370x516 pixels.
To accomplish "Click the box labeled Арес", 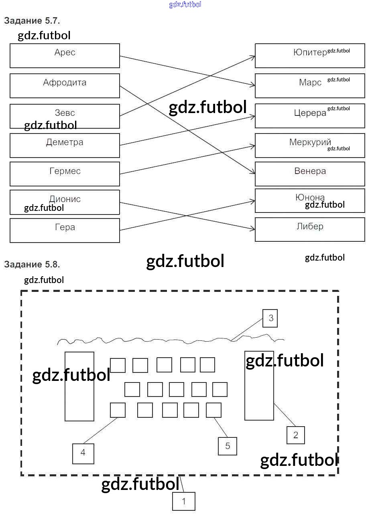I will click(65, 56).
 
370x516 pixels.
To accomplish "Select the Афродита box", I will click(65, 85).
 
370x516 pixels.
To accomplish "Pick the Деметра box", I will click(65, 146).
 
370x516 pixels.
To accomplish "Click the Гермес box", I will click(65, 174).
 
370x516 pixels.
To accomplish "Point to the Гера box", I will click(65, 230).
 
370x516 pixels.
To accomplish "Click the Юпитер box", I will click(310, 56).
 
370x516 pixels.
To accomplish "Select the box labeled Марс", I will click(310, 85).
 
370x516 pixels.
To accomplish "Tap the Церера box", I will click(310, 115).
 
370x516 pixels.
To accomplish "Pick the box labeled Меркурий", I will click(310, 146).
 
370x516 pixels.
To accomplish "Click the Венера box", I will click(310, 174).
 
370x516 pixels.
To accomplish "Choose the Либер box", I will click(310, 229).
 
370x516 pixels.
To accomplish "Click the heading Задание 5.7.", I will click(32, 21).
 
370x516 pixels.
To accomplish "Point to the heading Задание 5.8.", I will click(32, 264).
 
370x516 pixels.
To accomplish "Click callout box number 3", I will click(270, 318).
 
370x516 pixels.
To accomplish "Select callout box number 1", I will click(184, 501).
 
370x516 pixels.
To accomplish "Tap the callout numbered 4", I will click(83, 453).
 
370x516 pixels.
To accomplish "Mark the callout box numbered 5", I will click(228, 446).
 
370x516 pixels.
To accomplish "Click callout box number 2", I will click(296, 435).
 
